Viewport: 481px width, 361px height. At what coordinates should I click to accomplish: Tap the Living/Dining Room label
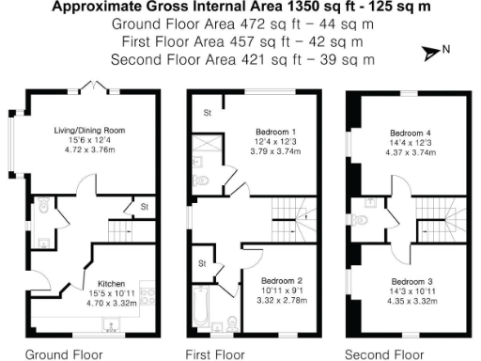coord(89,130)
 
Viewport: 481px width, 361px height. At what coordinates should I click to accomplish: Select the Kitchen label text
coord(113,281)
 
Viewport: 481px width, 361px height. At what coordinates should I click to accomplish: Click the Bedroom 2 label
coord(281,281)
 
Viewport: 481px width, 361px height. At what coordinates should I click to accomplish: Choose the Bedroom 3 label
coord(414,281)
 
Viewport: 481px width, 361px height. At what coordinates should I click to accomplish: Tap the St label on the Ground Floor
coord(145,204)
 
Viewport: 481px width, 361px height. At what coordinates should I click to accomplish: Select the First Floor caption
coord(214,354)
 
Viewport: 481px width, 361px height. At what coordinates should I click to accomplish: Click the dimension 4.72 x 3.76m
coord(89,149)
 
